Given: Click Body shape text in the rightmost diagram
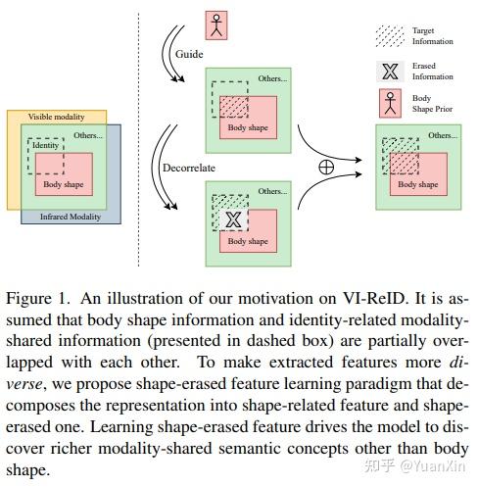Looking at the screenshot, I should click(x=418, y=183).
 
